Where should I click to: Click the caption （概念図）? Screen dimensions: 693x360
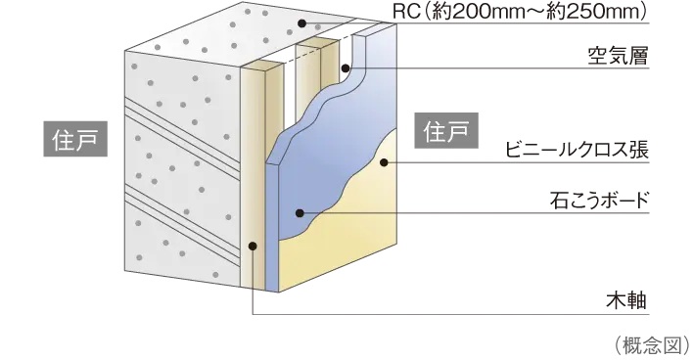(652, 343)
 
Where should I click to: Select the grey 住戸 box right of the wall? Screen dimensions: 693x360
(444, 131)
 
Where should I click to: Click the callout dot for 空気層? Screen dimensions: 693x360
(346, 68)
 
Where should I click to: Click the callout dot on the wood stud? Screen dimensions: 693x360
(253, 247)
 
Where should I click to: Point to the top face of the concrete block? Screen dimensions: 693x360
(215, 29)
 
